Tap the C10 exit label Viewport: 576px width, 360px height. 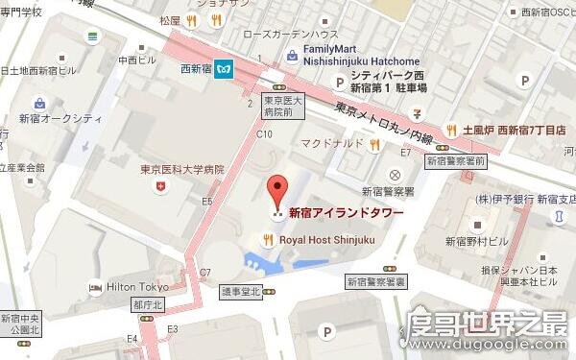pyautogui.click(x=264, y=134)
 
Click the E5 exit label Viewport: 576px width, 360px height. pyautogui.click(x=207, y=202)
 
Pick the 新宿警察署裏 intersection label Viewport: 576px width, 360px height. pyautogui.click(x=376, y=282)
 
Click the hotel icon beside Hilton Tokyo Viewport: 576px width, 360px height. pyautogui.click(x=95, y=287)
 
